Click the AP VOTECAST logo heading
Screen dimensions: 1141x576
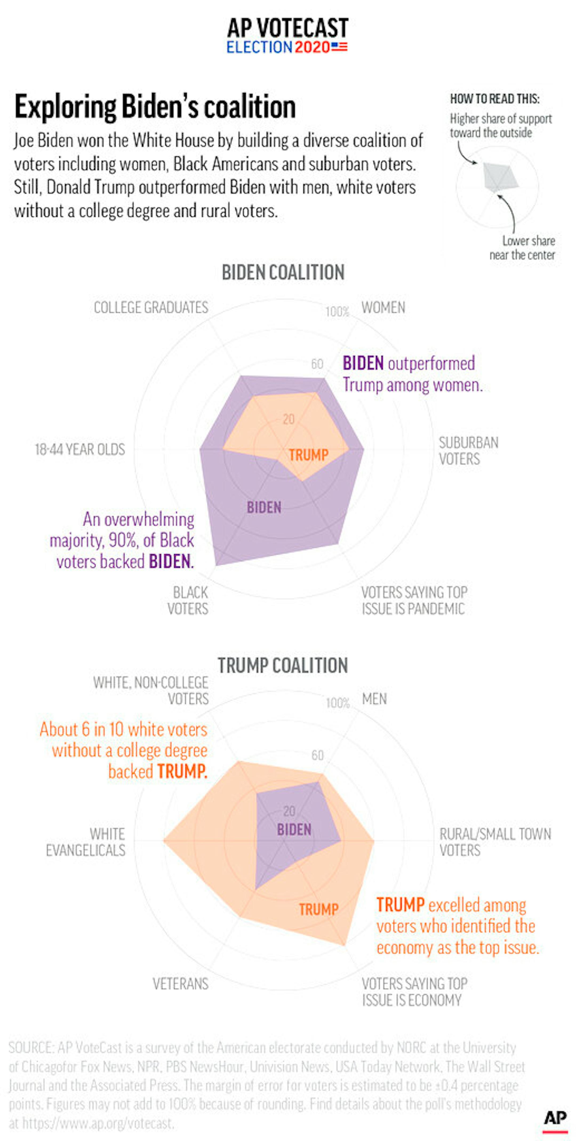[288, 28]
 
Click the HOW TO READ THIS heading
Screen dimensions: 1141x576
[495, 99]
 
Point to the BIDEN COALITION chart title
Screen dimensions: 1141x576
[283, 272]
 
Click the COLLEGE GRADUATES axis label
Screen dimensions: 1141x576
[151, 308]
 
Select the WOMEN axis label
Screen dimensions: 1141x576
[383, 308]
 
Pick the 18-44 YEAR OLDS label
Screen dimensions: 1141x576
[80, 450]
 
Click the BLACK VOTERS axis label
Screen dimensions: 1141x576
[188, 601]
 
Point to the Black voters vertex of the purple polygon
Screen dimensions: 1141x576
[217, 565]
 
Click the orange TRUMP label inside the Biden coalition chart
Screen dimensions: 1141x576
[309, 455]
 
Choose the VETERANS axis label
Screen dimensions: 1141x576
[180, 984]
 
